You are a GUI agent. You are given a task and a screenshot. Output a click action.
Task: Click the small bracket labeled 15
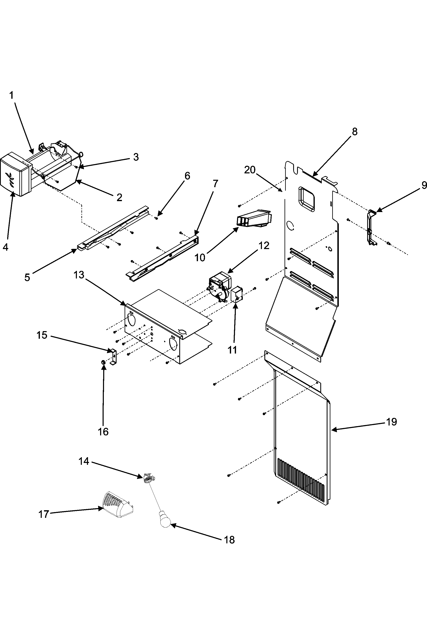113,357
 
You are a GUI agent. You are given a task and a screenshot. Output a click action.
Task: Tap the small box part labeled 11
237,295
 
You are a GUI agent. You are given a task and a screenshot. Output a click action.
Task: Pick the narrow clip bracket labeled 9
372,227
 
